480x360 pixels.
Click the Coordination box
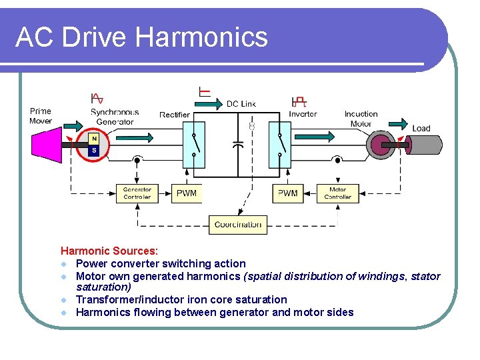pyautogui.click(x=238, y=225)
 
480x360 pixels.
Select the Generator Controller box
pyautogui.click(x=137, y=193)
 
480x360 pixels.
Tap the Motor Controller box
pyautogui.click(x=337, y=193)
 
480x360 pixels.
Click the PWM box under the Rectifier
pyautogui.click(x=187, y=193)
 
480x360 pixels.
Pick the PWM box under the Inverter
pyautogui.click(x=287, y=193)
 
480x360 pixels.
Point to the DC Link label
pyautogui.click(x=241, y=103)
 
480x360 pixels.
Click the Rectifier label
pyautogui.click(x=175, y=115)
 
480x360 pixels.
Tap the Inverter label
pyautogui.click(x=303, y=114)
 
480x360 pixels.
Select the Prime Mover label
pyautogui.click(x=41, y=116)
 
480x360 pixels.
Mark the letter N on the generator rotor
pyautogui.click(x=95, y=139)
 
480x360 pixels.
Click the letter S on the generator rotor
pyautogui.click(x=95, y=151)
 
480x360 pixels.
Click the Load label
pyautogui.click(x=421, y=128)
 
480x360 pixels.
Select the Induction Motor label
pyautogui.click(x=361, y=119)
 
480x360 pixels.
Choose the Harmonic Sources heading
pyautogui.click(x=109, y=251)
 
